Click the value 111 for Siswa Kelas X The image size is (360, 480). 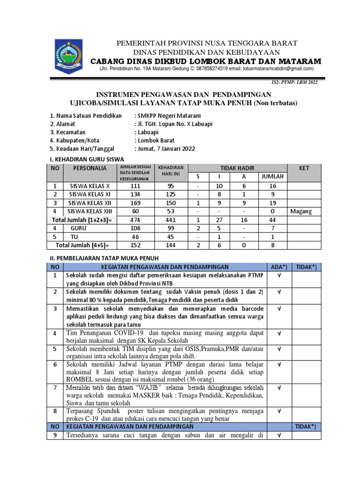pyautogui.click(x=135, y=186)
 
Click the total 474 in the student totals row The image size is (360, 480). pyautogui.click(x=135, y=219)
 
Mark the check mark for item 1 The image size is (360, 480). pyautogui.click(x=278, y=275)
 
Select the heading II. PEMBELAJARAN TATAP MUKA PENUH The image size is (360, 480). pyautogui.click(x=105, y=258)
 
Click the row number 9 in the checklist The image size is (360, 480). pyautogui.click(x=56, y=435)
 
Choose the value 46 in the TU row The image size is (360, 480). pyautogui.click(x=135, y=236)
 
